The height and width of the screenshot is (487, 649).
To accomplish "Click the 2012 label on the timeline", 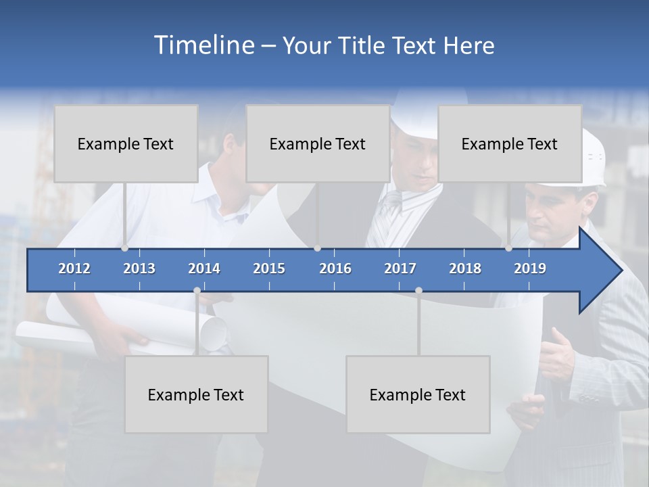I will click(x=74, y=269).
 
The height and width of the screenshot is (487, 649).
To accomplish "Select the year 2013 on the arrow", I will click(x=139, y=269).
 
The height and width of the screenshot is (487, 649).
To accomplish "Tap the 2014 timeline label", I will click(x=204, y=269).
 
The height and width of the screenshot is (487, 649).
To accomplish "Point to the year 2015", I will click(x=269, y=269).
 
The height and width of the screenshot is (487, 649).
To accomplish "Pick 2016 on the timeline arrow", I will click(x=335, y=269).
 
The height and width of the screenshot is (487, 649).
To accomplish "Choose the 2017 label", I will click(x=400, y=269).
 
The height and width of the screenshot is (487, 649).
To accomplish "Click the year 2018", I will click(x=465, y=269).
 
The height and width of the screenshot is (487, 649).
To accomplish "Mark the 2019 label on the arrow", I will click(x=530, y=269).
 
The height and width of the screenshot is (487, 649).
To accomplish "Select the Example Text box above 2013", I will click(x=126, y=143).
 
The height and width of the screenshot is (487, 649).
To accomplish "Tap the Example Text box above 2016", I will click(x=318, y=143).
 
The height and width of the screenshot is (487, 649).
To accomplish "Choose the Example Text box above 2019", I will click(x=510, y=143).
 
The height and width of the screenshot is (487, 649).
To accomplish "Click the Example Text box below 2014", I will click(x=196, y=394).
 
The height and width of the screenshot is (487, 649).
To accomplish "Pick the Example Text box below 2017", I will click(x=418, y=394).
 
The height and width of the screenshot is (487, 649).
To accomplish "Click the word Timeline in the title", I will click(x=203, y=45).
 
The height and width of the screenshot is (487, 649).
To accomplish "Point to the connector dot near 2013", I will click(x=125, y=248).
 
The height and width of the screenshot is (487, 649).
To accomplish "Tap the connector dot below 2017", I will click(x=418, y=291).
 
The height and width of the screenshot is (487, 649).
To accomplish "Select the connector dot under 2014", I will click(x=197, y=291).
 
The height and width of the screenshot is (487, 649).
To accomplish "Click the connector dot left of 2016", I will click(x=318, y=248).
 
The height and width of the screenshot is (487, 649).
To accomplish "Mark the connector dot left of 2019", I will click(x=508, y=248).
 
